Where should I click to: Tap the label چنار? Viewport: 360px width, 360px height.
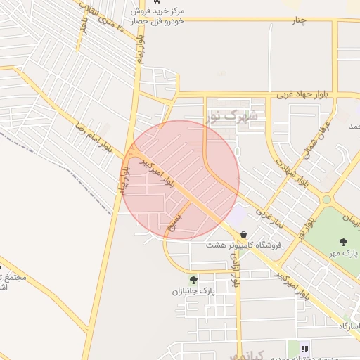tap(300, 20)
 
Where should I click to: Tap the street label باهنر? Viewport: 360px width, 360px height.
tap(84, 27)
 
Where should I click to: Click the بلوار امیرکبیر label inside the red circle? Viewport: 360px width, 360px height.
tap(159, 171)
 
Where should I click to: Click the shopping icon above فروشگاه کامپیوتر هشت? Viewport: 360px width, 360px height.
tap(243, 234)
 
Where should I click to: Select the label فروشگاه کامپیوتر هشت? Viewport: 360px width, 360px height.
tap(244, 245)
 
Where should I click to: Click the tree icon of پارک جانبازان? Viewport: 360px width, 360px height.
tap(193, 279)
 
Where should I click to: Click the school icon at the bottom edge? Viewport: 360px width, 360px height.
tap(304, 349)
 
